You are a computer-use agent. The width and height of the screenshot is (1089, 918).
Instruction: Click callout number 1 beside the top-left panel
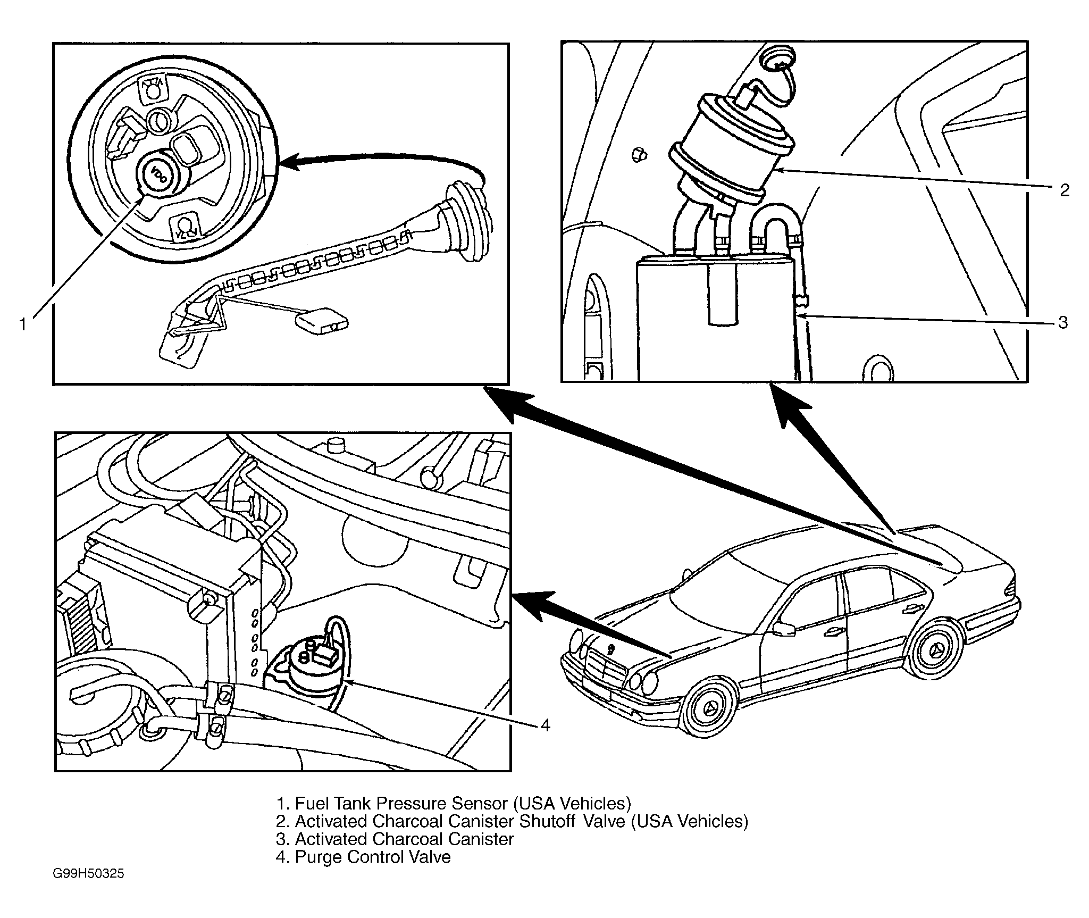pos(23,324)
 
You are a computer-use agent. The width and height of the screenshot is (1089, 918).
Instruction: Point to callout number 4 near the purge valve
pos(545,725)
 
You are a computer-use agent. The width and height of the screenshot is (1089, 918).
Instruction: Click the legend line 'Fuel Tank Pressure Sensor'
pos(454,803)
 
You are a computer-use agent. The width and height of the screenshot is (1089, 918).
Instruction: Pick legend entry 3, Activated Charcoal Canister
pos(395,839)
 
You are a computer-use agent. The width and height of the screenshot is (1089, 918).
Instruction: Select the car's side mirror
pos(783,628)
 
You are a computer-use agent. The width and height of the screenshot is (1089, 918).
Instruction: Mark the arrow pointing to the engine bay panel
pos(590,625)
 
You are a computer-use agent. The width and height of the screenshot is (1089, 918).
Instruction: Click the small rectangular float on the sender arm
pos(321,322)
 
